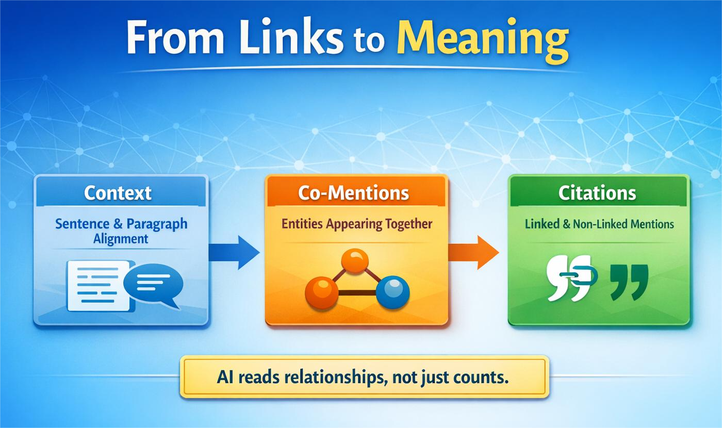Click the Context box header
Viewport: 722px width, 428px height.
118,193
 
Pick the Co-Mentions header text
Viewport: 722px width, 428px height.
353,193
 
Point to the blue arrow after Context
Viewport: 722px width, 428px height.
235,252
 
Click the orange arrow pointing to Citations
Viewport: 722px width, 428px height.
473,252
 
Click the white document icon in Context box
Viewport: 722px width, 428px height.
98,285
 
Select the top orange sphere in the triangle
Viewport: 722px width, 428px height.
355,260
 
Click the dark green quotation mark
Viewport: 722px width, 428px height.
629,282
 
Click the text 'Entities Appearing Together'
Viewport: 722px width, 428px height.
356,224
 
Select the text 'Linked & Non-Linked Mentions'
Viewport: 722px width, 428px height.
599,224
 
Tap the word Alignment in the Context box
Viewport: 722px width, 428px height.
121,239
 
